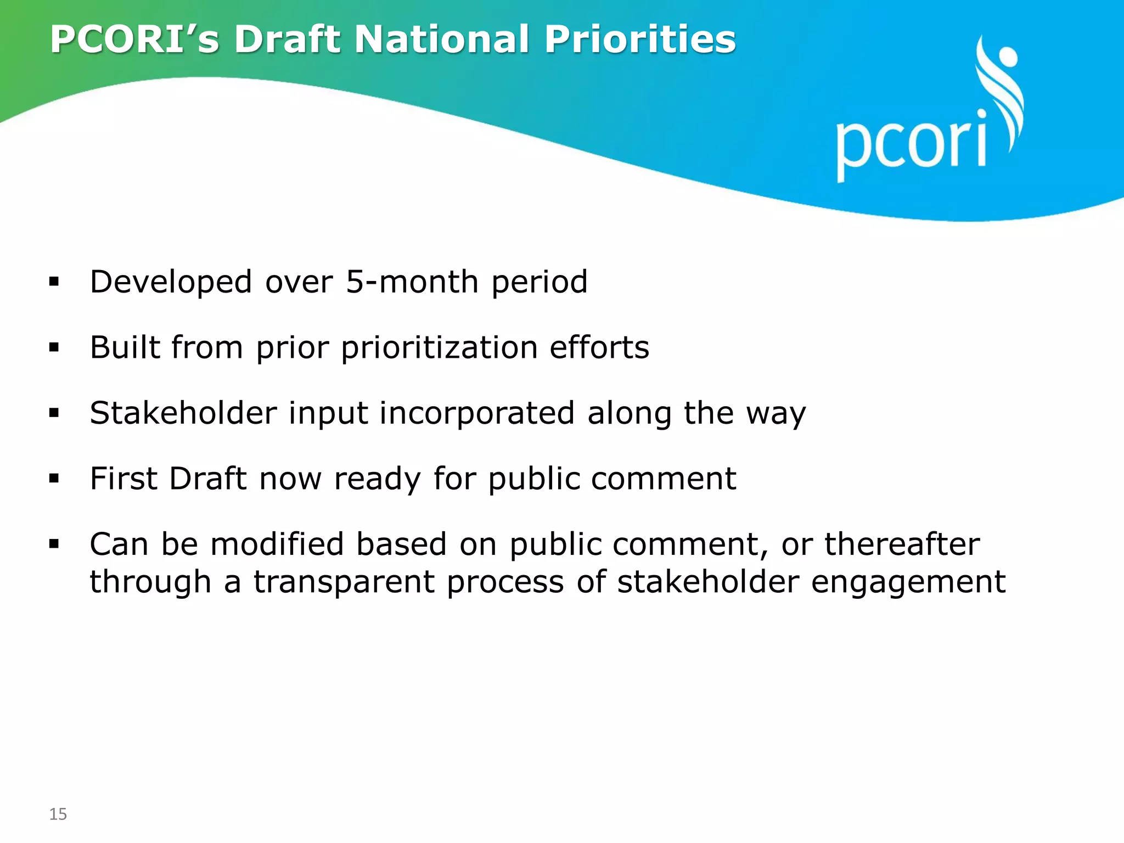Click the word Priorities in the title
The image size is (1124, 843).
639,40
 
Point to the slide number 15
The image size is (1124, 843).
58,814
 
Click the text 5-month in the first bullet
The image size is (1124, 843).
412,282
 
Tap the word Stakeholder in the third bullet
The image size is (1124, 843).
183,413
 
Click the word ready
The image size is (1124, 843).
377,480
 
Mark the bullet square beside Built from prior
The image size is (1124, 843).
54,347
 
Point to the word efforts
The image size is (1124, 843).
599,347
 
